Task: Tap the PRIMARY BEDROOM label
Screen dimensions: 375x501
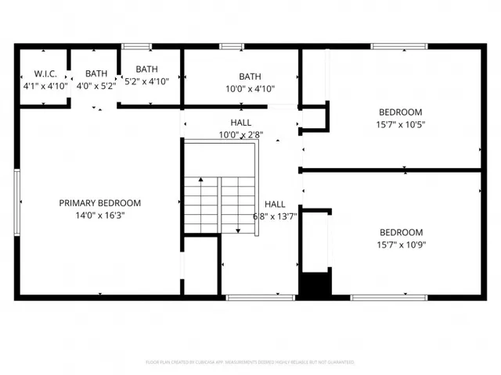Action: [100, 203]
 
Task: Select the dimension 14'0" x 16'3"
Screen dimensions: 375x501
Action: [100, 215]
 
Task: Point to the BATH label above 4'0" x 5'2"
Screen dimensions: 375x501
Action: [96, 73]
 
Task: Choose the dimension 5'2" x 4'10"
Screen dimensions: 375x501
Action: [152, 80]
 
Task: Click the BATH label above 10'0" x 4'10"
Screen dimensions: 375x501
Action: [250, 77]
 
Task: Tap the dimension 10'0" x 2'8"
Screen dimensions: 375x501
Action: [240, 134]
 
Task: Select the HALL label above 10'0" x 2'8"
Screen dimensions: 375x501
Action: [240, 123]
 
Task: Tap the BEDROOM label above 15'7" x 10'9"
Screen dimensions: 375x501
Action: [401, 232]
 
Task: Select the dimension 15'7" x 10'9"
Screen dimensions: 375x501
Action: [401, 244]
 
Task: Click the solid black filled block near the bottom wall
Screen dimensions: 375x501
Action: [316, 284]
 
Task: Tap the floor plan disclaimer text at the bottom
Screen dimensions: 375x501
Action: [250, 362]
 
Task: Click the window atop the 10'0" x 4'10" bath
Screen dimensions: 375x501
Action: [232, 46]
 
